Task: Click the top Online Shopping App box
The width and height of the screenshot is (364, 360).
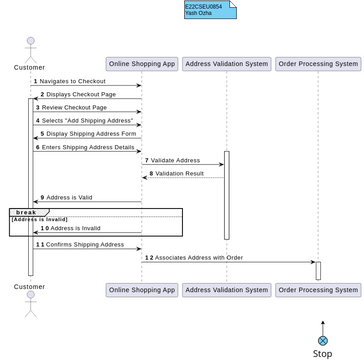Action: (141, 64)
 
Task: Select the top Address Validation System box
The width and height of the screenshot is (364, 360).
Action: (227, 64)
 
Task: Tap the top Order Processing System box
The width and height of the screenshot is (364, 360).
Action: (318, 64)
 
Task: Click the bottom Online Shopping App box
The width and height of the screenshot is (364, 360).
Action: (141, 290)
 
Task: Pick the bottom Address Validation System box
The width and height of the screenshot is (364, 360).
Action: (227, 290)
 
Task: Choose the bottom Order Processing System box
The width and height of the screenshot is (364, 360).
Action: (318, 290)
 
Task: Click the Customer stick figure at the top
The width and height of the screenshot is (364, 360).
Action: (30, 48)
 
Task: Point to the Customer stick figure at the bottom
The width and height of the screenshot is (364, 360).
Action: (30, 301)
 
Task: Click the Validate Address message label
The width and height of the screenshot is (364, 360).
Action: (174, 160)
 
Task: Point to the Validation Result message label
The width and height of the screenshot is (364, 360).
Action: (179, 173)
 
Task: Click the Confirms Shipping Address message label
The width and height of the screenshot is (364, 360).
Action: (83, 244)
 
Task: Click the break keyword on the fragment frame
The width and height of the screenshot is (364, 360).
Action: (25, 212)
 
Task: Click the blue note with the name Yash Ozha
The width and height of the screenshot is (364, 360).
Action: (209, 10)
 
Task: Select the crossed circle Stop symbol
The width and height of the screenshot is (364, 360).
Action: (323, 341)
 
